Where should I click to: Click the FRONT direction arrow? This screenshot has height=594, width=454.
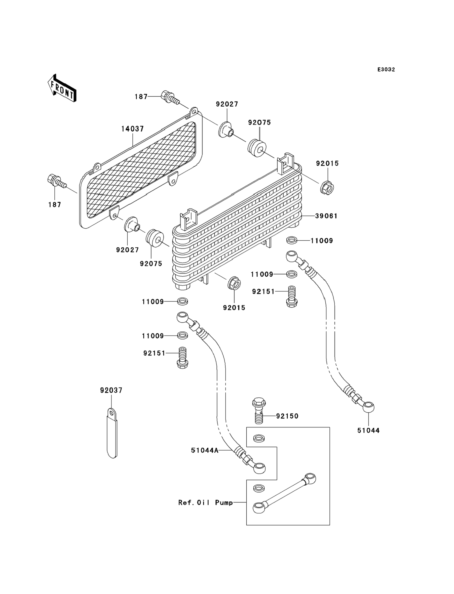click(62, 89)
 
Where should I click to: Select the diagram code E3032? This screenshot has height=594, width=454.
click(386, 70)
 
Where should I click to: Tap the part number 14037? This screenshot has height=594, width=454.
click(132, 129)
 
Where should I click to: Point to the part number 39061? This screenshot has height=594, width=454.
click(326, 216)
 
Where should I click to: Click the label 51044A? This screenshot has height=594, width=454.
click(205, 450)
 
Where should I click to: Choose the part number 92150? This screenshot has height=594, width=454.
click(287, 416)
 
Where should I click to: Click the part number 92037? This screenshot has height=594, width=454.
click(111, 390)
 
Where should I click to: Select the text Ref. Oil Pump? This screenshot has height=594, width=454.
click(205, 502)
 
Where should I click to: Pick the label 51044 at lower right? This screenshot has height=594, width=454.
click(368, 430)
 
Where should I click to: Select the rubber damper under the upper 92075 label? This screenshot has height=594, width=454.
click(257, 148)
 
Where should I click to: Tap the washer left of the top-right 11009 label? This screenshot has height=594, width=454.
click(292, 240)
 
